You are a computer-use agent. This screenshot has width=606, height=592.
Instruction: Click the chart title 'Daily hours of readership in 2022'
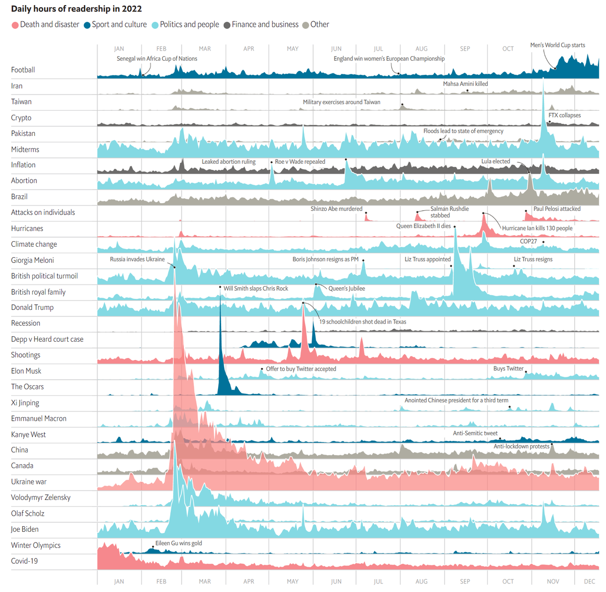point(76,9)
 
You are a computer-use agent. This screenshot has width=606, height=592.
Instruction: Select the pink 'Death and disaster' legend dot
point(15,25)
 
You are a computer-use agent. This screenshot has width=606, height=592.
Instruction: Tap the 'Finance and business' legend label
point(265,24)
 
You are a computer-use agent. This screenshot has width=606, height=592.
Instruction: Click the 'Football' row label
point(23,70)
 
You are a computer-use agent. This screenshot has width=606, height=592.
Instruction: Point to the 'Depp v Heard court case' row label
point(47,339)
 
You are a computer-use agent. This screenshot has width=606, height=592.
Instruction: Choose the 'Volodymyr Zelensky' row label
point(41,497)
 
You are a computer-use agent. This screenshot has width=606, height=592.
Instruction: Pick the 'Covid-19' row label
point(24,561)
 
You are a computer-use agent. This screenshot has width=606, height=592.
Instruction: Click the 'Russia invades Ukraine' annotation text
point(137,259)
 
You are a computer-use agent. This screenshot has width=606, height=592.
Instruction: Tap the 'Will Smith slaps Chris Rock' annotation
point(256,288)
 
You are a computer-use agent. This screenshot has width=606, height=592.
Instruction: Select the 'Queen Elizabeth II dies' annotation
point(423,226)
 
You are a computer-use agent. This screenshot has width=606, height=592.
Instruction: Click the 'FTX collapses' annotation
point(565,115)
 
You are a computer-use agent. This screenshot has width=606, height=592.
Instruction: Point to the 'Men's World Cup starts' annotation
point(558,45)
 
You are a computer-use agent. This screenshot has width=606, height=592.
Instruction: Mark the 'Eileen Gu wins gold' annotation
point(178,543)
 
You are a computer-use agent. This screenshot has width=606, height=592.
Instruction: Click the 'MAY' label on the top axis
point(292,49)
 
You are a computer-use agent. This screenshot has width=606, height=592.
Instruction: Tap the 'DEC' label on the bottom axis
point(589,581)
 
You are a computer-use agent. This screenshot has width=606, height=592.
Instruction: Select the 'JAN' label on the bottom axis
point(119,581)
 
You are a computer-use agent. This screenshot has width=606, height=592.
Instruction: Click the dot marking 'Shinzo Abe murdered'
point(366,213)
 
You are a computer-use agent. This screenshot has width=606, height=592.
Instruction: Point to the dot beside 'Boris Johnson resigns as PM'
point(363,260)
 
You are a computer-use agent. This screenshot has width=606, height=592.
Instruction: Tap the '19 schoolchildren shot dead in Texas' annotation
point(363,322)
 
